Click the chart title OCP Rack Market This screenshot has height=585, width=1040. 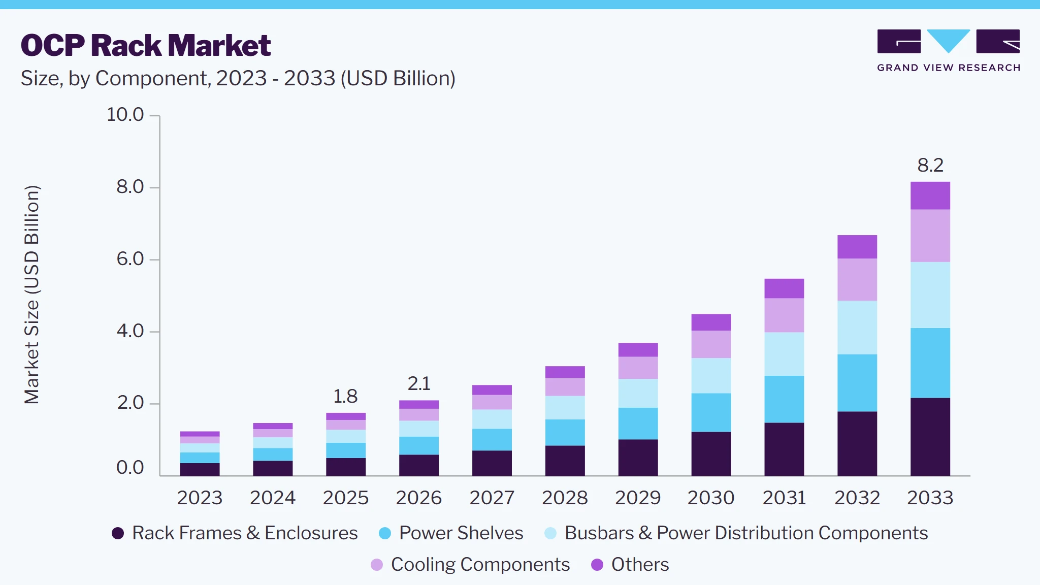tap(146, 45)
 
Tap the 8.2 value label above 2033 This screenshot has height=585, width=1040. tap(930, 165)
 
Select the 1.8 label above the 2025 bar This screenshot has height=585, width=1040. tap(345, 396)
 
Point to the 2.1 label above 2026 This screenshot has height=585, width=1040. tap(419, 383)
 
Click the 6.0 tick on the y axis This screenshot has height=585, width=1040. tap(130, 259)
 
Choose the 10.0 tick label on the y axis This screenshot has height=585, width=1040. tap(125, 114)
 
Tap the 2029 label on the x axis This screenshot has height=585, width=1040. tap(638, 498)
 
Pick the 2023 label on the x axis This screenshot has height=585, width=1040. tap(200, 498)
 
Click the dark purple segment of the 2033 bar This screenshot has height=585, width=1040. tap(930, 437)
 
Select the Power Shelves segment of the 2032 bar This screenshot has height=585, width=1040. tap(857, 383)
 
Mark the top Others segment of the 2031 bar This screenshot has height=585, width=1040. tap(784, 288)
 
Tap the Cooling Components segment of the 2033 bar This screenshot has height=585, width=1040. tap(930, 236)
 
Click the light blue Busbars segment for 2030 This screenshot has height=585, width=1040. tap(711, 376)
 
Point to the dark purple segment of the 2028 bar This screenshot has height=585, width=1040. tap(565, 461)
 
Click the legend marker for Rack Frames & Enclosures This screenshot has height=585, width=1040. tap(118, 533)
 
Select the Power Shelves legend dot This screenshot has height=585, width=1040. tap(385, 533)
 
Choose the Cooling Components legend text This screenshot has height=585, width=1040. tap(480, 565)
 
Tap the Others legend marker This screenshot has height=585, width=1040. tap(597, 565)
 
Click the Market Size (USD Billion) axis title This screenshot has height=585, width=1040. tap(31, 295)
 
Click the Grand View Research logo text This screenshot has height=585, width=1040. tap(949, 68)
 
